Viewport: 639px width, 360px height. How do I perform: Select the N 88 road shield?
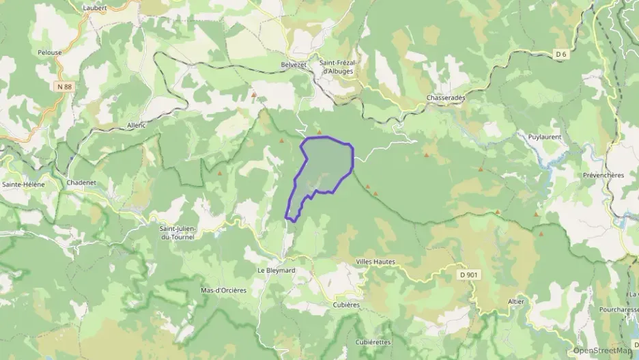[x=64, y=86]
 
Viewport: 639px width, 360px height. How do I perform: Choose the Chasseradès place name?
[x=446, y=98]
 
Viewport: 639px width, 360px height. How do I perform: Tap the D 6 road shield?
[x=561, y=54]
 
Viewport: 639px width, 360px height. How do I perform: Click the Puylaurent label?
[x=545, y=137]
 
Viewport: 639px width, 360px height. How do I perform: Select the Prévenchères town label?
[x=603, y=175]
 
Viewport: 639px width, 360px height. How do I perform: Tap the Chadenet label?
[x=83, y=182]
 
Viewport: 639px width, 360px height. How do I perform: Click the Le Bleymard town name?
[x=276, y=270]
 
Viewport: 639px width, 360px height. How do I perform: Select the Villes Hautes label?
[x=375, y=262]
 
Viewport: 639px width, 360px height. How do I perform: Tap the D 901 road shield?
[x=468, y=274]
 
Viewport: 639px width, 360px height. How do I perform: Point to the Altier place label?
[x=516, y=301]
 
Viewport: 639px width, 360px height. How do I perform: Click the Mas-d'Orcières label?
[x=223, y=290]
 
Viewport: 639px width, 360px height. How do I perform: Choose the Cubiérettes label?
[x=373, y=342]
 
